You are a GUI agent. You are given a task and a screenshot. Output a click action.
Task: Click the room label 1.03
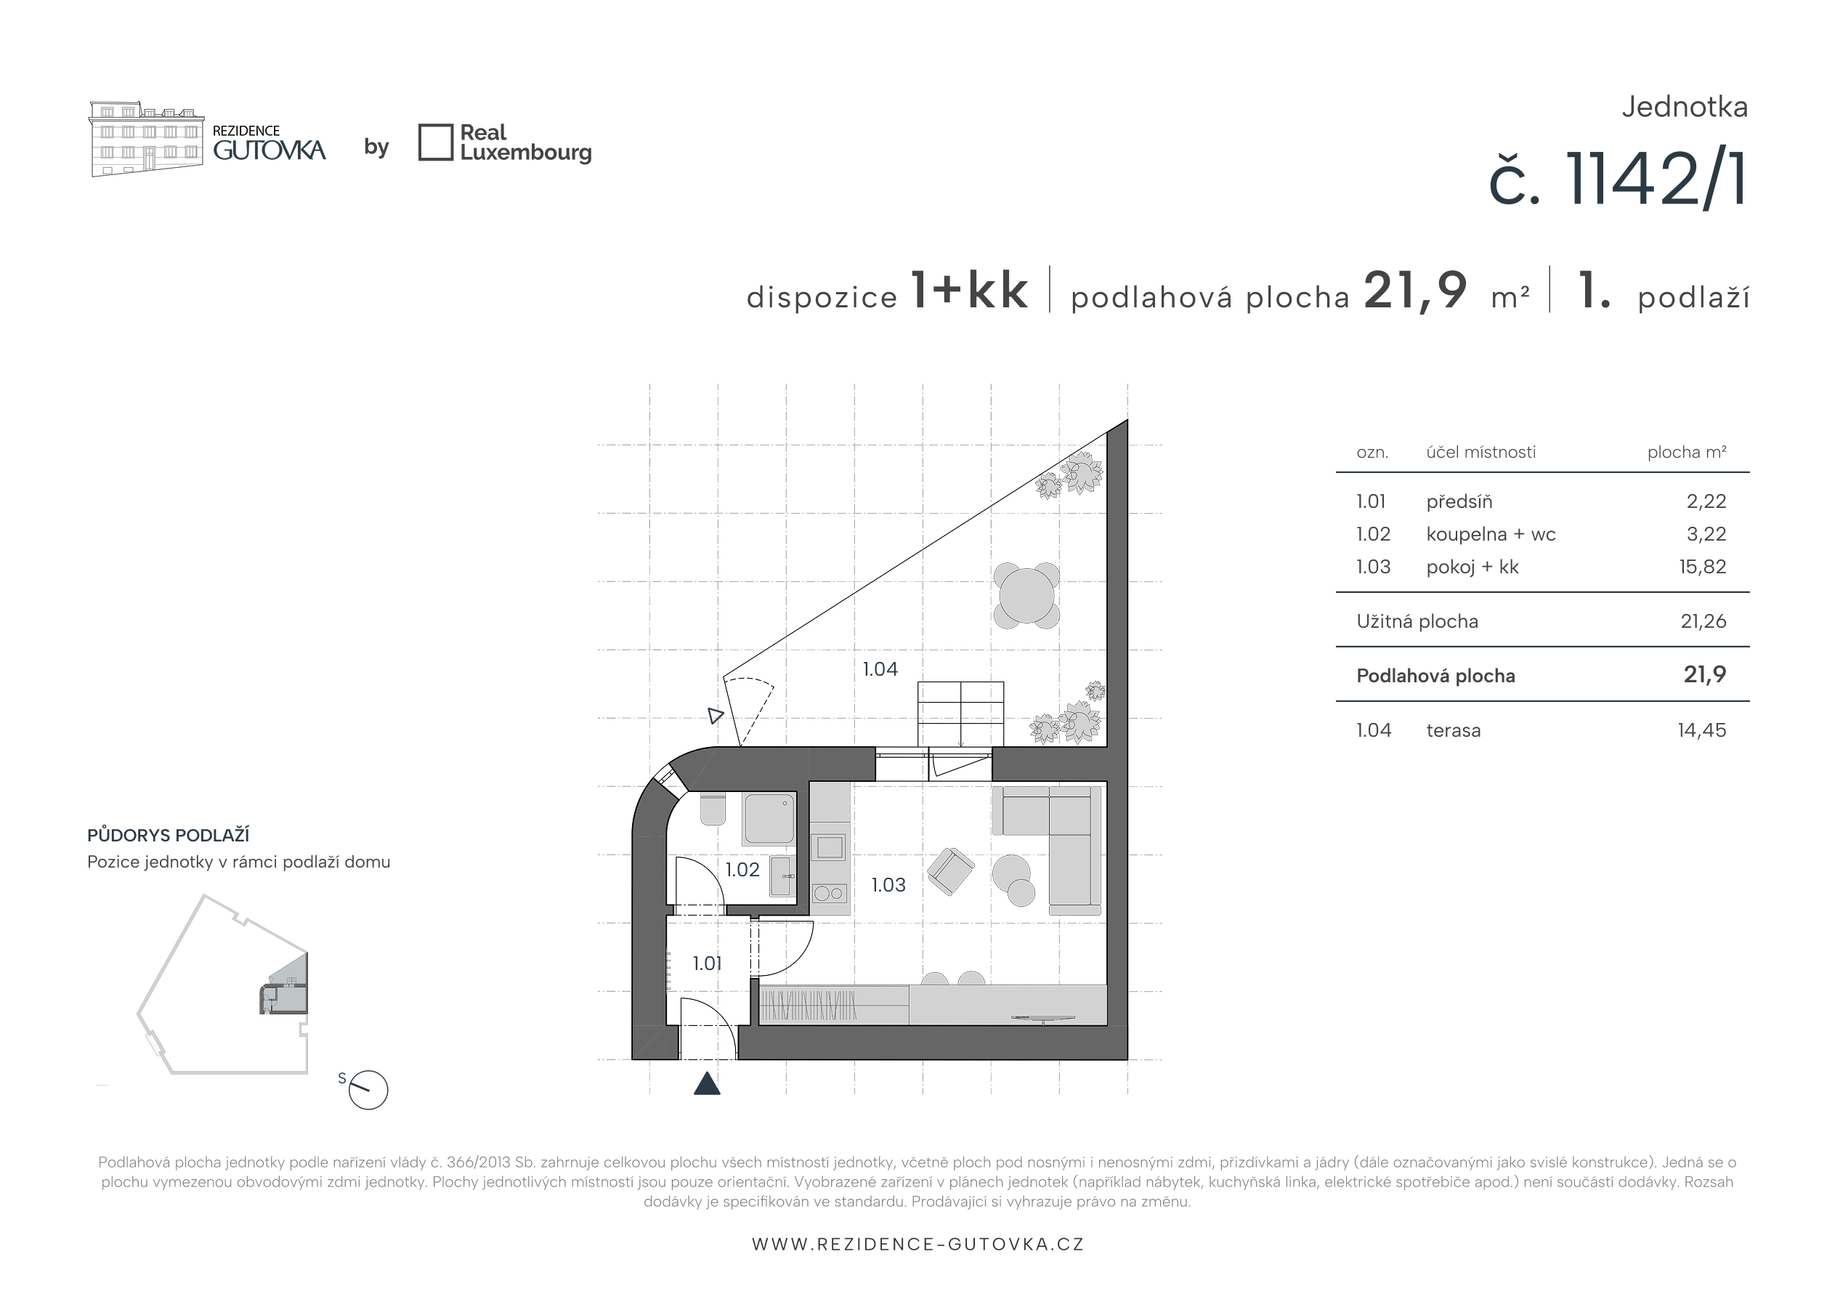click(x=888, y=885)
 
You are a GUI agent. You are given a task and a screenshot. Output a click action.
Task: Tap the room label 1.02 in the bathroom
click(x=742, y=869)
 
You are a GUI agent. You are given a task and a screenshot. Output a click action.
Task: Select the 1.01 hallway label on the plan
click(x=708, y=963)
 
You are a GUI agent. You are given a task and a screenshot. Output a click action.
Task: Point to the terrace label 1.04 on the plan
click(x=880, y=669)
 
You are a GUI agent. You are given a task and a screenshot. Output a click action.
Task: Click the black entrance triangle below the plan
click(x=708, y=1084)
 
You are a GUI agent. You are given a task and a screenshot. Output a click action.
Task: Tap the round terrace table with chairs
click(x=1027, y=596)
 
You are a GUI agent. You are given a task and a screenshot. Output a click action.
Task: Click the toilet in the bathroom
click(x=713, y=809)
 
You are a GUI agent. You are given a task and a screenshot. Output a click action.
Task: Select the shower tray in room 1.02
click(x=769, y=819)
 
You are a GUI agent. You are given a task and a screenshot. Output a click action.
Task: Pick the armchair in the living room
click(x=950, y=870)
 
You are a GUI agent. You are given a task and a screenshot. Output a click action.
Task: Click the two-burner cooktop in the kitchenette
click(x=830, y=893)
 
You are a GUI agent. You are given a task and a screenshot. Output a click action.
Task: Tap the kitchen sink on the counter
click(x=830, y=847)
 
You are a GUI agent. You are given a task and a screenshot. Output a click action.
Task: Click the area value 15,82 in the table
click(x=1702, y=567)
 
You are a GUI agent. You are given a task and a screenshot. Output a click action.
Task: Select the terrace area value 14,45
click(x=1701, y=730)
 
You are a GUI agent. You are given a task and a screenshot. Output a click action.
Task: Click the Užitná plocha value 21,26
click(x=1703, y=621)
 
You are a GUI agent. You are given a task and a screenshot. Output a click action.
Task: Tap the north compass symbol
click(x=368, y=1089)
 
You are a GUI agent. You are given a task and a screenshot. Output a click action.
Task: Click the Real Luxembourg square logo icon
click(x=436, y=142)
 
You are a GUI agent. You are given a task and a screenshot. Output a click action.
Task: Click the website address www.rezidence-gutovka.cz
click(x=917, y=1244)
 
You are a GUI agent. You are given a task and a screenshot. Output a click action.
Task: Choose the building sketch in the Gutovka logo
click(x=145, y=139)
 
